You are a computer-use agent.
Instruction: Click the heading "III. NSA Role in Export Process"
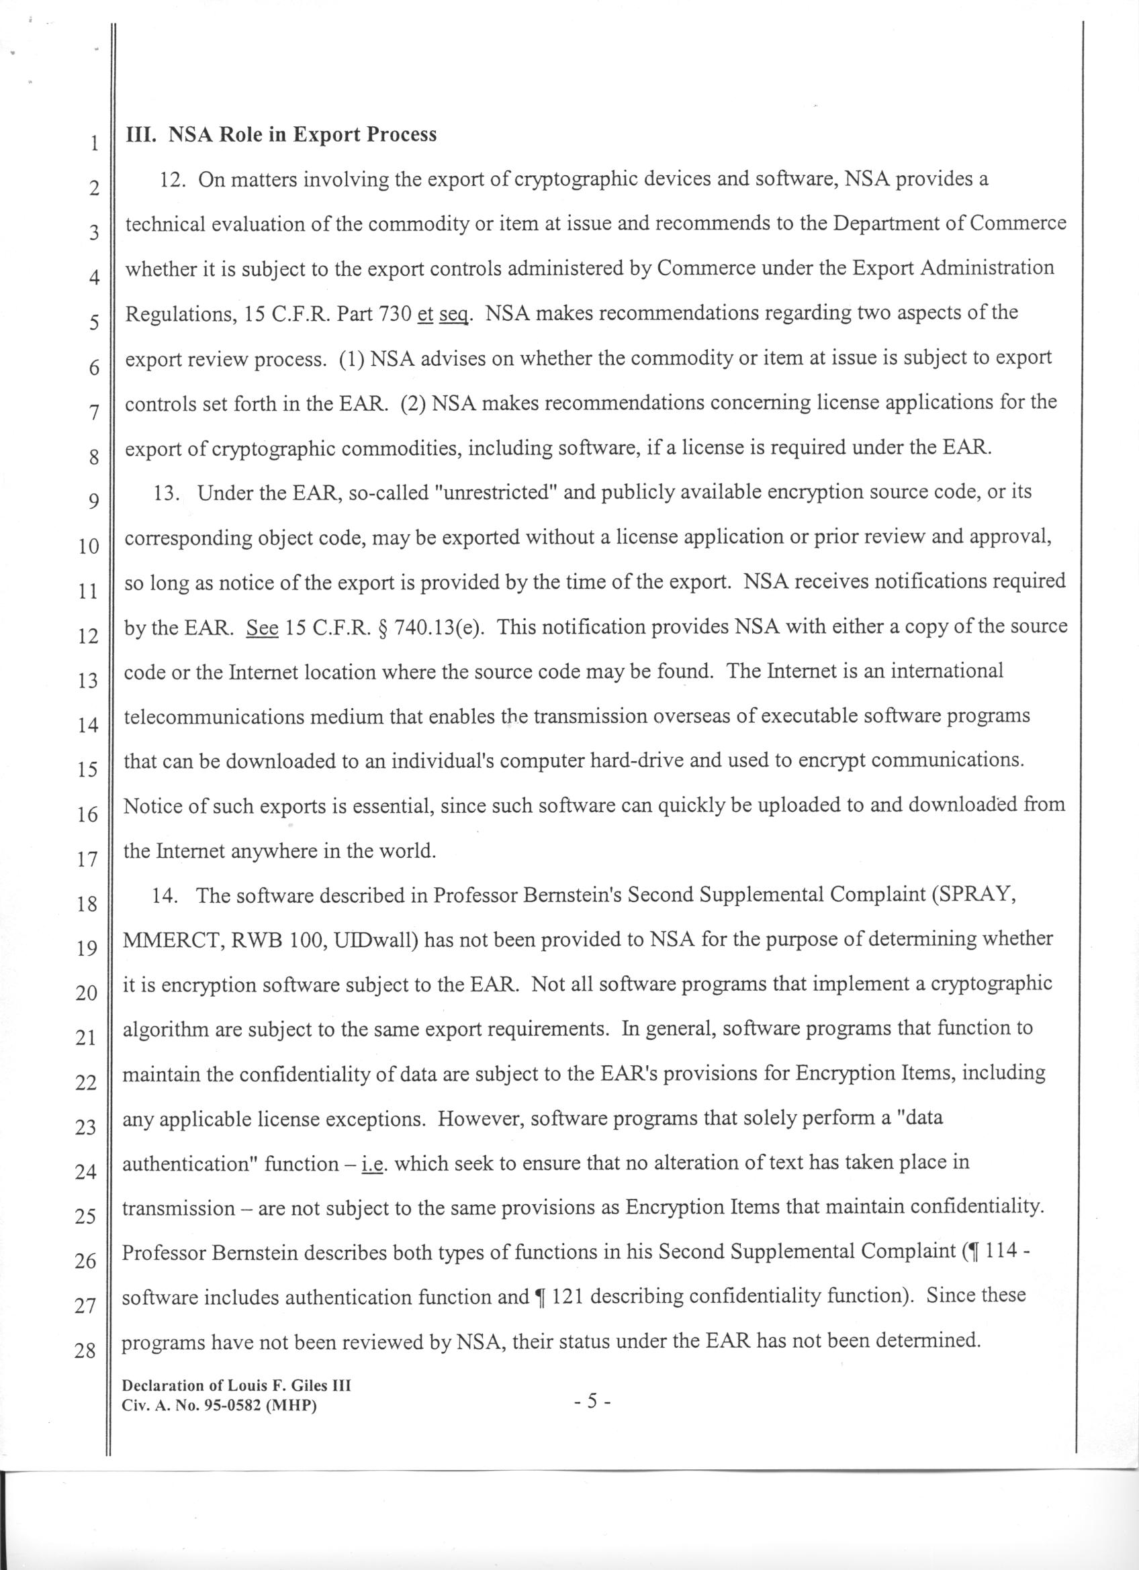click(x=281, y=134)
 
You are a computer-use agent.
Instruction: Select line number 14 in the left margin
click(x=87, y=726)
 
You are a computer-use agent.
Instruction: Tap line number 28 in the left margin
click(x=85, y=1350)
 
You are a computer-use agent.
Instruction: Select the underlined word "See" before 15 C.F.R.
click(x=263, y=627)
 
